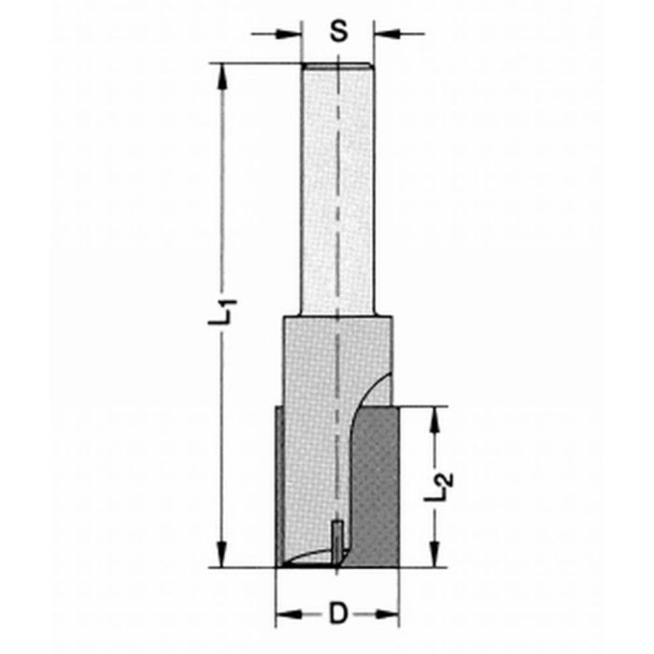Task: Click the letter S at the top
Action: pyautogui.click(x=338, y=33)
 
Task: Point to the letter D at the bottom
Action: pyautogui.click(x=338, y=614)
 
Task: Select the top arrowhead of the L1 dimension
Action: pyautogui.click(x=223, y=75)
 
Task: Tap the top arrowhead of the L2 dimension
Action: pyautogui.click(x=433, y=419)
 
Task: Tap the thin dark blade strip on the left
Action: pyautogui.click(x=279, y=486)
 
